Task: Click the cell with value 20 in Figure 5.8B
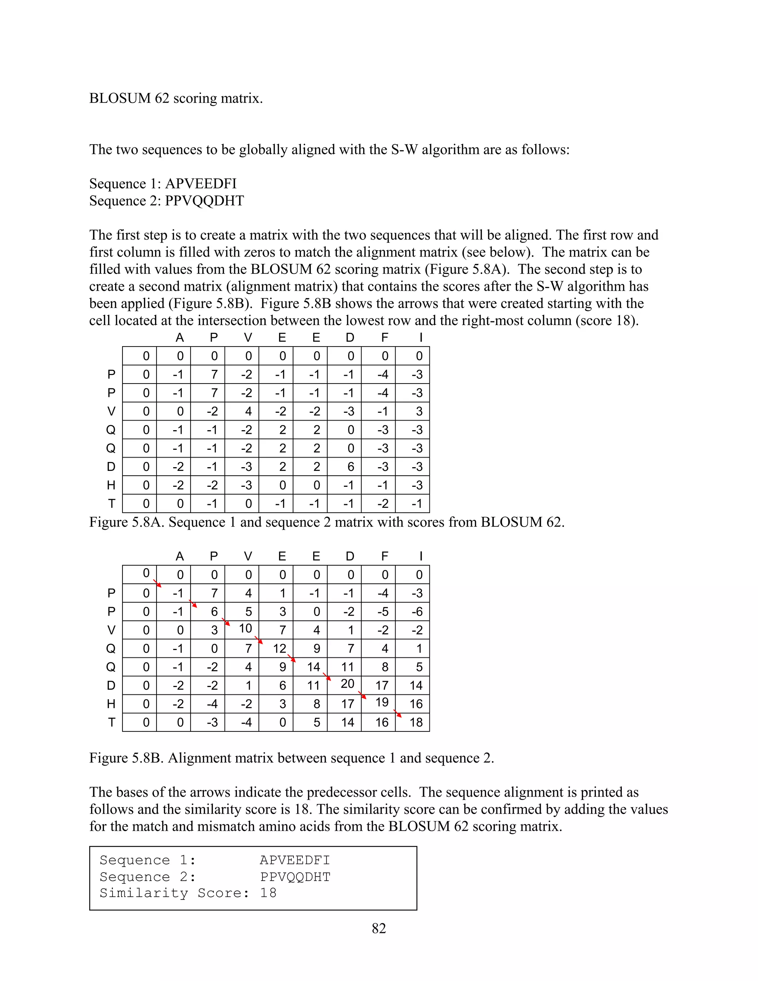pos(347,684)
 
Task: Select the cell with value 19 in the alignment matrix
pos(382,702)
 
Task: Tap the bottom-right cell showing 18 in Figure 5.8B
pos(416,722)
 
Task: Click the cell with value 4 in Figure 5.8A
pos(248,411)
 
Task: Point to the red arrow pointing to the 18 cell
pos(398,713)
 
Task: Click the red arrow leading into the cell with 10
pos(226,622)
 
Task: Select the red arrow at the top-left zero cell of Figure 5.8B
pos(157,583)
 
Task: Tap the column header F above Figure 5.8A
pos(385,338)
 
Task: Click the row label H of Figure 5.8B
pos(111,704)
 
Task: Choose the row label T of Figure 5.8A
pos(111,503)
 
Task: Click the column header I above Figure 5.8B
pos(420,556)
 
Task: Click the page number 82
pos(379,928)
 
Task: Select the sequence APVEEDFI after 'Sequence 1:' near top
pos(201,183)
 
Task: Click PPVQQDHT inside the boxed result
pos(295,877)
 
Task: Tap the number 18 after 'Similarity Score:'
pos(268,893)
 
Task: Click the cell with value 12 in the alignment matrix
pos(279,648)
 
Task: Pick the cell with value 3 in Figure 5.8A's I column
pos(419,411)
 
